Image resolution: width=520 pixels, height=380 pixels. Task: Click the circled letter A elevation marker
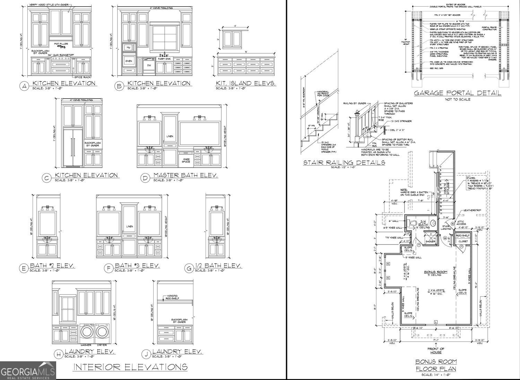24,86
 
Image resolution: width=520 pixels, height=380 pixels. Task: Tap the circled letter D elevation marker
145,178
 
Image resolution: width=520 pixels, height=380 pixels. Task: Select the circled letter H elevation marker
59,354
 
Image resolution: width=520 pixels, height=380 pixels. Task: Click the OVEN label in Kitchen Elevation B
129,61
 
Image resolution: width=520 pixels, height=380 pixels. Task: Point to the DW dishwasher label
149,65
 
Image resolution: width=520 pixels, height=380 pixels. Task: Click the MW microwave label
128,47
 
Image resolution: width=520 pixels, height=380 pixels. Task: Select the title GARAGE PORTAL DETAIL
458,93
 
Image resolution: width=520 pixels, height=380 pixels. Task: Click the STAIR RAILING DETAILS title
344,162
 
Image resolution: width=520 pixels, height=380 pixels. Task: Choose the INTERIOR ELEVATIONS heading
130,367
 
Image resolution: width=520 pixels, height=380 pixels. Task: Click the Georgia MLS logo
28,371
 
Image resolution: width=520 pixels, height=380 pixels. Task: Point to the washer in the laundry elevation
86,332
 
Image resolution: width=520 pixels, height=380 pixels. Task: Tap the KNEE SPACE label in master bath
186,160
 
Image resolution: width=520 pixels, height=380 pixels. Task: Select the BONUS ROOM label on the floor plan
436,272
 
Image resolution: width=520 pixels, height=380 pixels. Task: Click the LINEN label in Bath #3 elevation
130,226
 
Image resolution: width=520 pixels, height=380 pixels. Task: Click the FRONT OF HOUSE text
436,351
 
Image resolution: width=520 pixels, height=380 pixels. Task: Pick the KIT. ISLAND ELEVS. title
246,83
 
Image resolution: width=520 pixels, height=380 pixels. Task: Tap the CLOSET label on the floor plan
463,241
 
